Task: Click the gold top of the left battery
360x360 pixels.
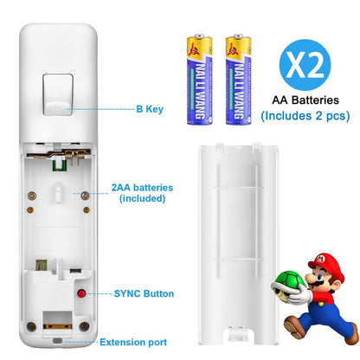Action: click(x=196, y=39)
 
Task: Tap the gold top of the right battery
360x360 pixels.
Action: click(x=233, y=39)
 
